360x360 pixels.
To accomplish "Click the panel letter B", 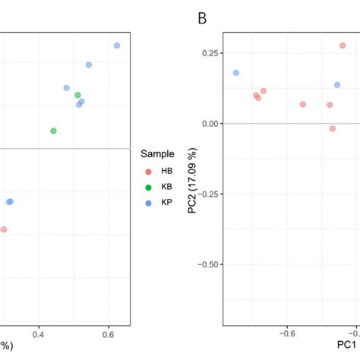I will [x=202, y=17].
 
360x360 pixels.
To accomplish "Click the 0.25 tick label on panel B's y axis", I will [x=208, y=53].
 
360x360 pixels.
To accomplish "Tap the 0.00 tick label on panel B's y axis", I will [x=208, y=124].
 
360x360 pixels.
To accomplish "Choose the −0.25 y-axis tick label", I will [x=206, y=194].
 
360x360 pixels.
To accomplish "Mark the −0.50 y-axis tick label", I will [x=206, y=264].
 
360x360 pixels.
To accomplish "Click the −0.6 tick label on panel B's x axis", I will [x=288, y=333].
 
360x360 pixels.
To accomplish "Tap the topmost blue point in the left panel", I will [x=117, y=46].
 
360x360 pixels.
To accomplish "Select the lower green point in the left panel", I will [x=53, y=131].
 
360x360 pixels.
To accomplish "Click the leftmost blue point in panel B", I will [x=236, y=73].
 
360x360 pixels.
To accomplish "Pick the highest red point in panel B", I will [x=343, y=46].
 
